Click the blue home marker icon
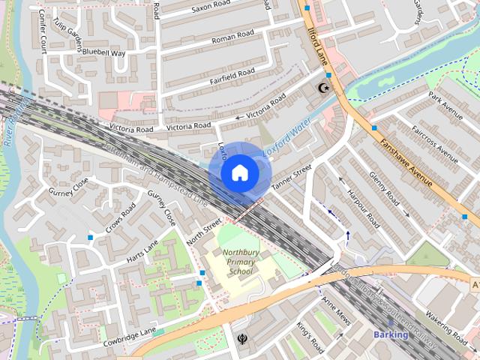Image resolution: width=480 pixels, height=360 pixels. (x=239, y=172)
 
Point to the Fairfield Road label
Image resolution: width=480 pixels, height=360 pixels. (x=233, y=74)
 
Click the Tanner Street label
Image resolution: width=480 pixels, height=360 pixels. (x=291, y=177)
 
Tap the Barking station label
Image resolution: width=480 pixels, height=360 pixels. (x=391, y=334)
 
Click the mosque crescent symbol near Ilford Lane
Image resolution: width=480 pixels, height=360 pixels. (x=324, y=88)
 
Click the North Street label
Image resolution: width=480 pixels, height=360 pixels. (x=204, y=230)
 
